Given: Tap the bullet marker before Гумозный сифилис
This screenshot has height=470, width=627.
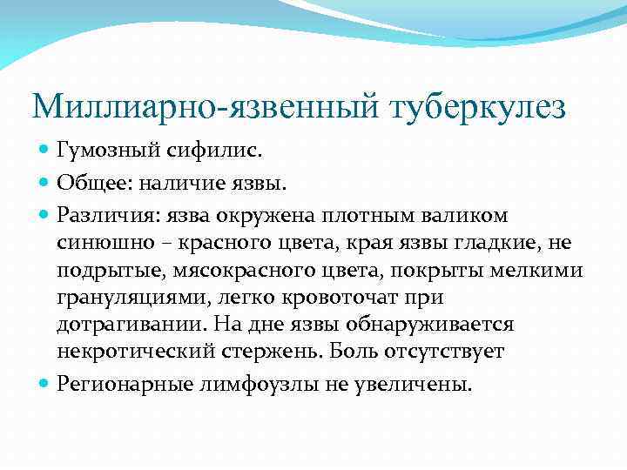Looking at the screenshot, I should (45, 152).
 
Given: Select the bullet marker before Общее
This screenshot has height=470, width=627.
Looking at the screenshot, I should (45, 183).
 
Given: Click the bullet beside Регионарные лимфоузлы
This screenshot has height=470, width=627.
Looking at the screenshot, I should (45, 382).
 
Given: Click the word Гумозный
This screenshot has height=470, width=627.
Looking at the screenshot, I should (104, 152).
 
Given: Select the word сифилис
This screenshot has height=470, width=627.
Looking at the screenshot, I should (197, 152).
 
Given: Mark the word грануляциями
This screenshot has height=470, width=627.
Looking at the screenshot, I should (118, 299).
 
